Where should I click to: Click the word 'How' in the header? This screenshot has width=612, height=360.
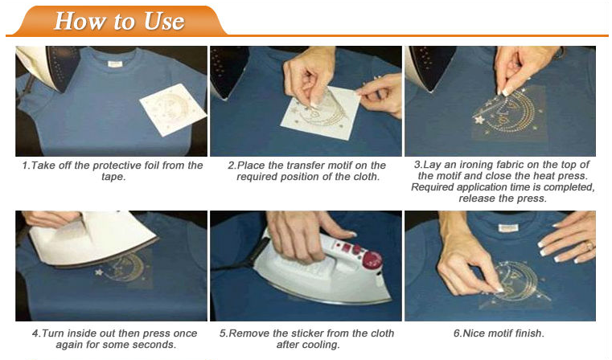coord(80,21)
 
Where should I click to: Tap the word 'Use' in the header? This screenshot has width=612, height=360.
coord(164,21)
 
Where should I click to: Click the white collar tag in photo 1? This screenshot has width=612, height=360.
coord(115,63)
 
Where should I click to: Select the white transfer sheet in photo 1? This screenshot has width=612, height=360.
coord(173,109)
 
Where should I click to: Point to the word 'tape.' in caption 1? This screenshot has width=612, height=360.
coord(113,177)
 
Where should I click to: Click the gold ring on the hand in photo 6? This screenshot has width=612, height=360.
coord(589,245)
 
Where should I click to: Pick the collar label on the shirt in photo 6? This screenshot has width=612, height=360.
coord(508,227)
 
